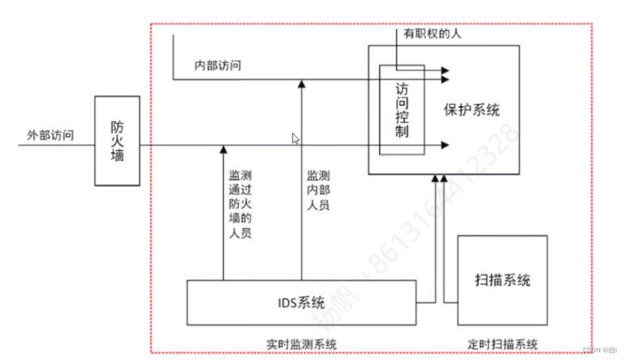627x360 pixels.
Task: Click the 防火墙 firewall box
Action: tap(117, 140)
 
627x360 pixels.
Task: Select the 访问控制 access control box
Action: tap(402, 110)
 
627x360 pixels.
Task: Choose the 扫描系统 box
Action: tap(502, 280)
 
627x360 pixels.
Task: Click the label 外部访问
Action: tap(50, 136)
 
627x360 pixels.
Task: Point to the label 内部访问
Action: tap(217, 66)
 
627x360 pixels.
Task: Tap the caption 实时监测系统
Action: tap(301, 343)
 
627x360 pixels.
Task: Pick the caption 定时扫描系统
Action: tap(502, 343)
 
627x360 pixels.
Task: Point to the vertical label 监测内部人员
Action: tap(318, 190)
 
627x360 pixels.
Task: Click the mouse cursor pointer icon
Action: tap(295, 138)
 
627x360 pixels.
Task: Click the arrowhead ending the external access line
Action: tap(446, 145)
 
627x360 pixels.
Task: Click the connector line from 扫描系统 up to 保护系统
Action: tap(445, 241)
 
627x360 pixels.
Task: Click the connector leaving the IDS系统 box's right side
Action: tap(427, 301)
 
